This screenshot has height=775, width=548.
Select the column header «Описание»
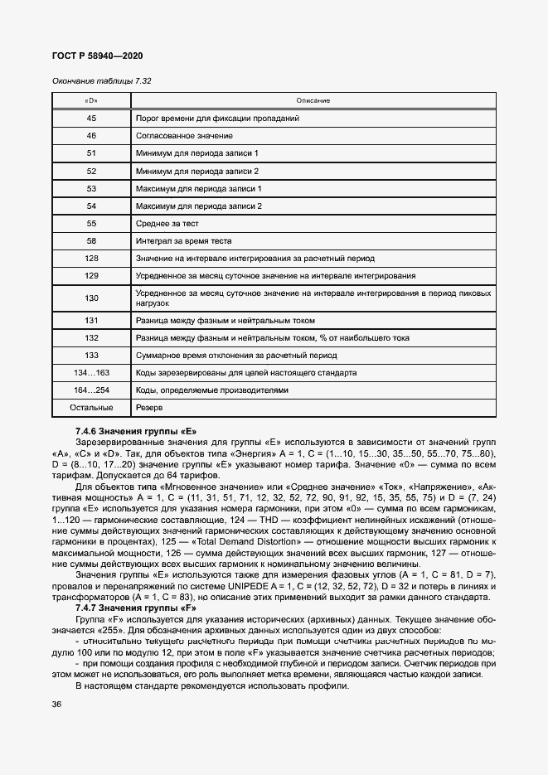pyautogui.click(x=313, y=100)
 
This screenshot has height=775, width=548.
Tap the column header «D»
pyautogui.click(x=91, y=100)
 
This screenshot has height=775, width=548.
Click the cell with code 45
pyautogui.click(x=91, y=119)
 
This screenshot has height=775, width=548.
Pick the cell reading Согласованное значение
pyautogui.click(x=183, y=136)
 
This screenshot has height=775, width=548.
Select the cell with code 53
pyautogui.click(x=91, y=189)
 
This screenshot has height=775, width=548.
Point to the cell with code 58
pyautogui.click(x=91, y=241)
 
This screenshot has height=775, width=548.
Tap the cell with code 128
pyautogui.click(x=91, y=259)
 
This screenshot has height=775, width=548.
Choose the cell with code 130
pyautogui.click(x=91, y=298)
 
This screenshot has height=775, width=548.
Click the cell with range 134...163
pyautogui.click(x=91, y=373)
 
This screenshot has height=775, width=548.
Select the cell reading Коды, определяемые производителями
pyautogui.click(x=211, y=390)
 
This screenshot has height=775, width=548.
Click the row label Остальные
pyautogui.click(x=91, y=408)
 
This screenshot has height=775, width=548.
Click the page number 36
pyautogui.click(x=57, y=705)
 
